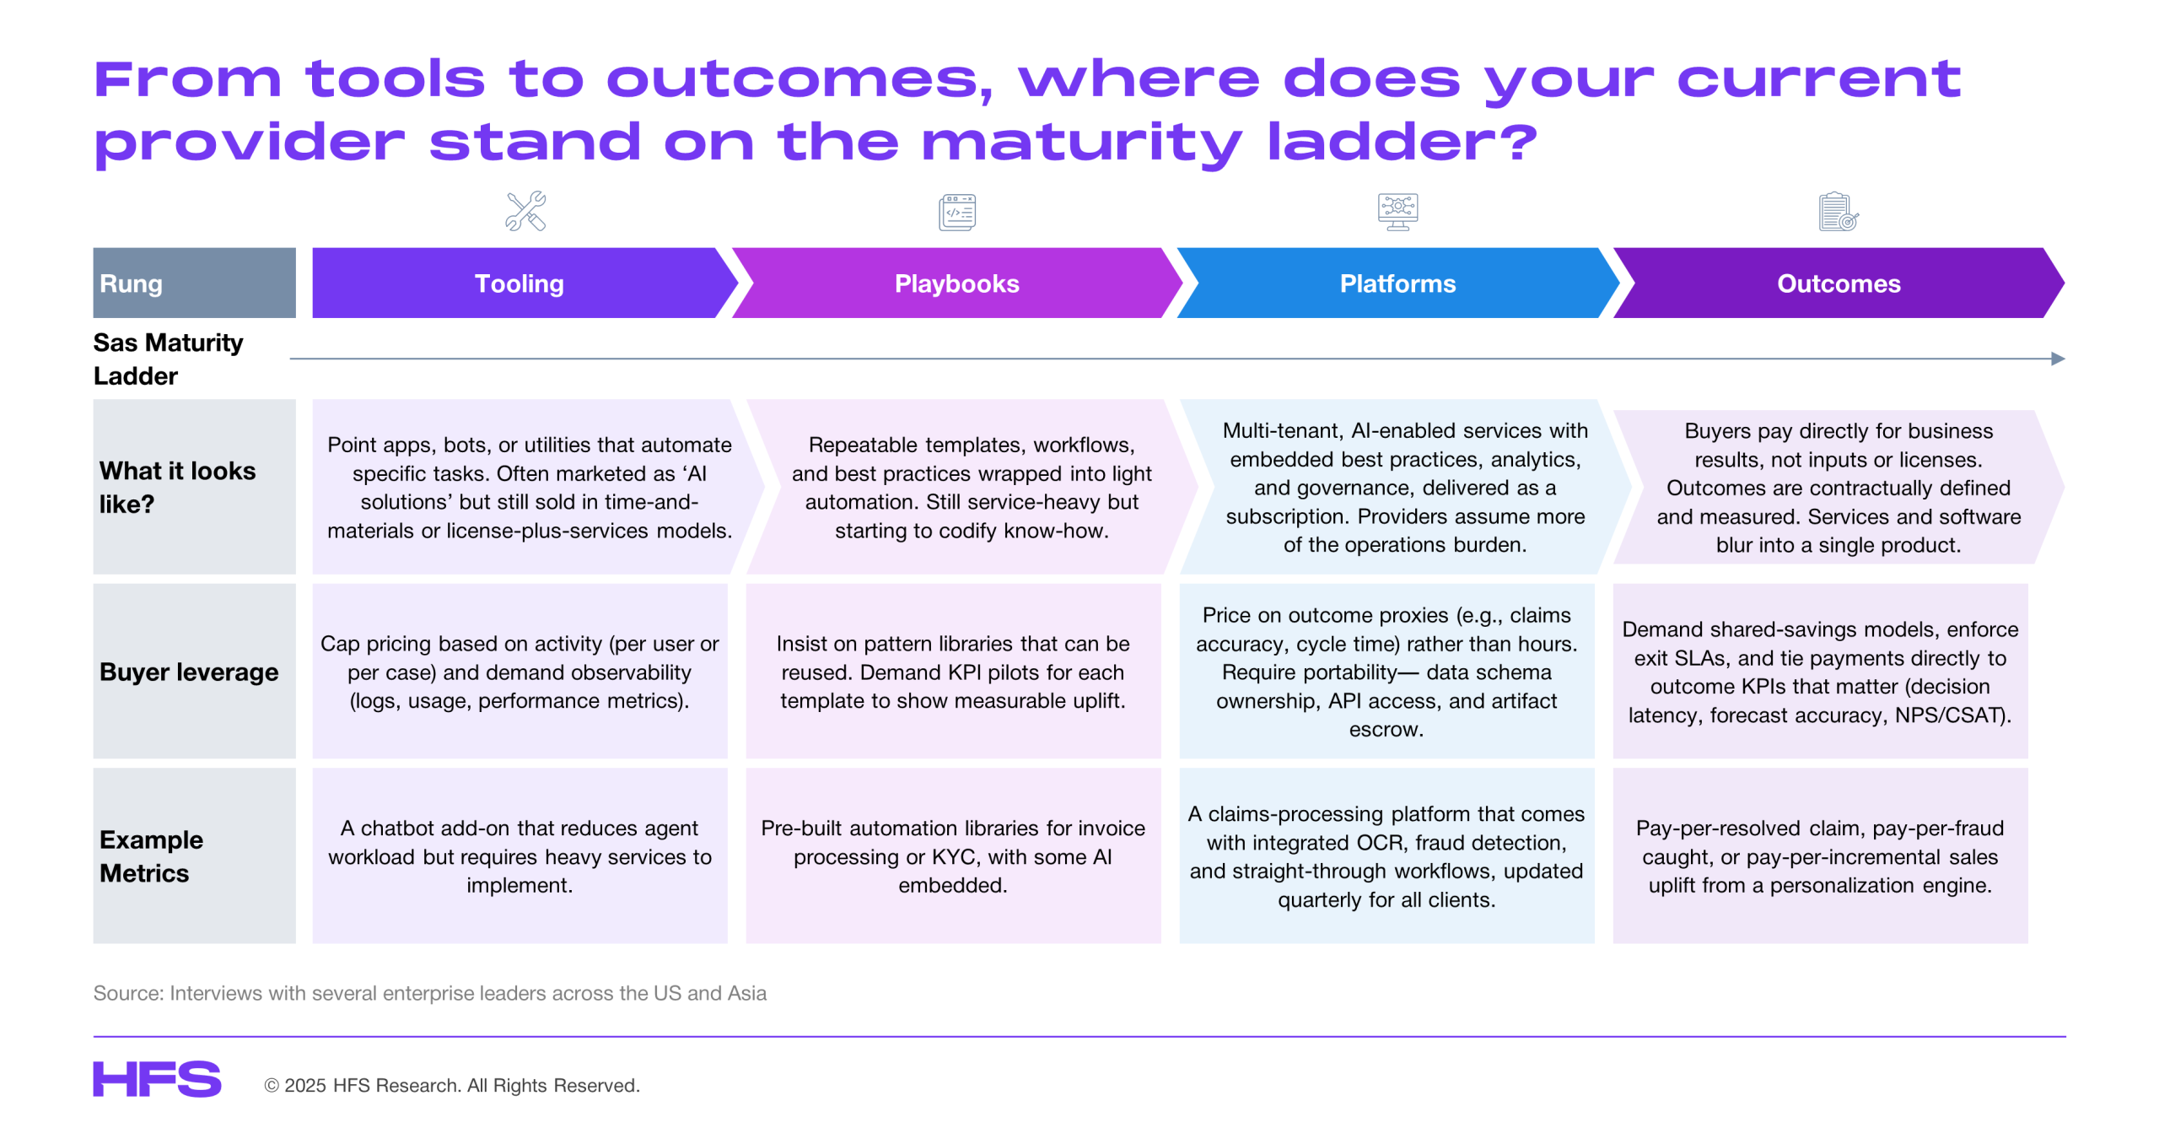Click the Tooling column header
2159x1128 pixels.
(519, 283)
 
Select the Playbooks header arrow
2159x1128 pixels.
(956, 283)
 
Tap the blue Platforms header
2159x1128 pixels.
(1397, 283)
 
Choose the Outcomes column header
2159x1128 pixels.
(1839, 283)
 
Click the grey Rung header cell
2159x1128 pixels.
(194, 283)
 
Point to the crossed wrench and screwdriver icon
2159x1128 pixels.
(525, 211)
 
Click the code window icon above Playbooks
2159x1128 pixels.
(957, 212)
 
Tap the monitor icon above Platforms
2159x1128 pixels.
(1397, 212)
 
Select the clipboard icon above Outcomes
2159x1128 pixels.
(1839, 212)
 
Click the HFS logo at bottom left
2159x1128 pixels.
(157, 1079)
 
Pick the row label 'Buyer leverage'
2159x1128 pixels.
(189, 672)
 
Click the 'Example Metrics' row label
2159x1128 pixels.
(152, 856)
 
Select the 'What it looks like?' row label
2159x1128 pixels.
(177, 487)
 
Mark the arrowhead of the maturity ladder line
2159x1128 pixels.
(2059, 359)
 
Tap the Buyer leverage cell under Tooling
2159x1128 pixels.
(520, 672)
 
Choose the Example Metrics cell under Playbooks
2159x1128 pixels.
(953, 855)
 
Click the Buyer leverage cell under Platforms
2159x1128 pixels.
(1386, 672)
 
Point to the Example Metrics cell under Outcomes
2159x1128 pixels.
(1820, 855)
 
